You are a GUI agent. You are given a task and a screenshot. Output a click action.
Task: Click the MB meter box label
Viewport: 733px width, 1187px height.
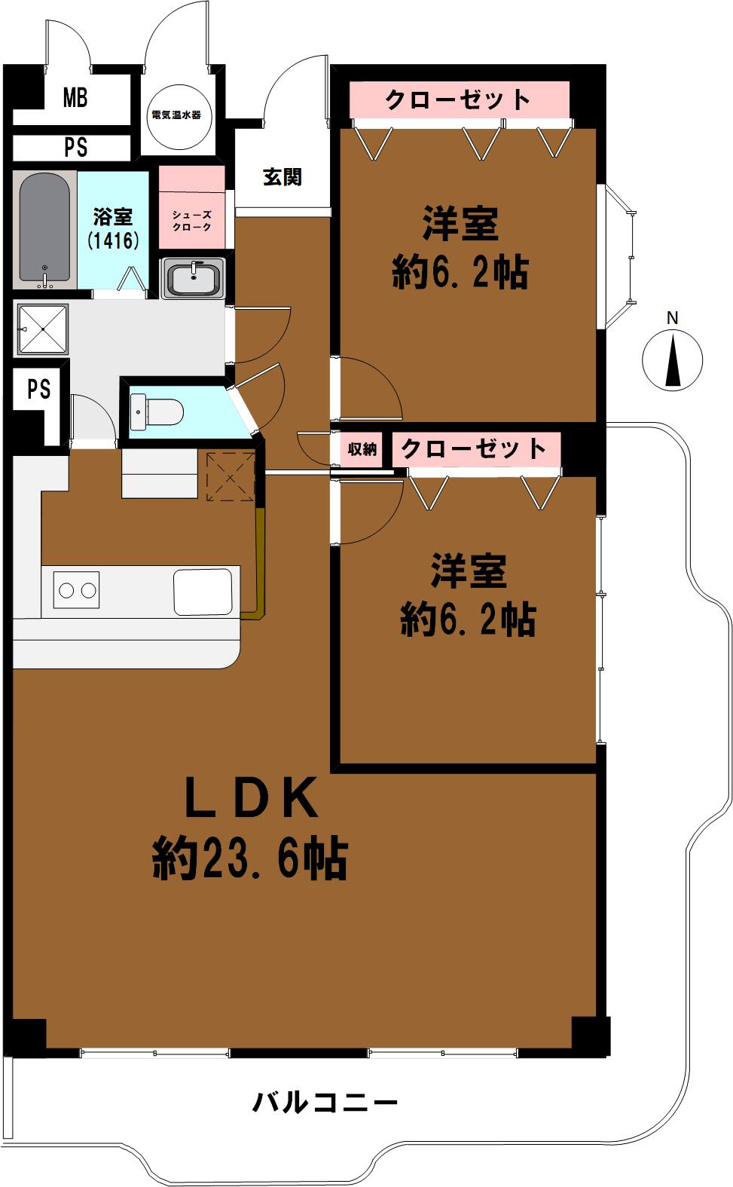[x=75, y=98]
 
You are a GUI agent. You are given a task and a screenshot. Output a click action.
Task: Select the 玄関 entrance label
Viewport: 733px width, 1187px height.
[x=283, y=178]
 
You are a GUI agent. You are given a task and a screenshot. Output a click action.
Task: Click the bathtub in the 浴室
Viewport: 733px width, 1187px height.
[x=45, y=230]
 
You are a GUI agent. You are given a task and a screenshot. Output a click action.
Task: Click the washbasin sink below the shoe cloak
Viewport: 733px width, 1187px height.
[x=193, y=279]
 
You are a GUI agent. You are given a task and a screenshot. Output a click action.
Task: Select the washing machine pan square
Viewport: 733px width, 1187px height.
[x=44, y=329]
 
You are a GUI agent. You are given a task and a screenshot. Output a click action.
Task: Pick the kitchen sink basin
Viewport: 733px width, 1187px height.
[x=203, y=592]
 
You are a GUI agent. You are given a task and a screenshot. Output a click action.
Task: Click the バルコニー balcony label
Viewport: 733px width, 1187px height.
[x=324, y=1104]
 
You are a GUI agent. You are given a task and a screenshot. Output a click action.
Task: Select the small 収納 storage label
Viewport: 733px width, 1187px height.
[x=362, y=450]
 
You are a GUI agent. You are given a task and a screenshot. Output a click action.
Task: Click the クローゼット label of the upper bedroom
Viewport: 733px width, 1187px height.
[x=458, y=99]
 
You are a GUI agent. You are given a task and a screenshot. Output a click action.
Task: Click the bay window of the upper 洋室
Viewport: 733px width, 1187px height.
[x=618, y=257]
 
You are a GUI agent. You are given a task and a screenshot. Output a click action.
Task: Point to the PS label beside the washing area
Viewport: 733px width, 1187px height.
[x=39, y=389]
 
